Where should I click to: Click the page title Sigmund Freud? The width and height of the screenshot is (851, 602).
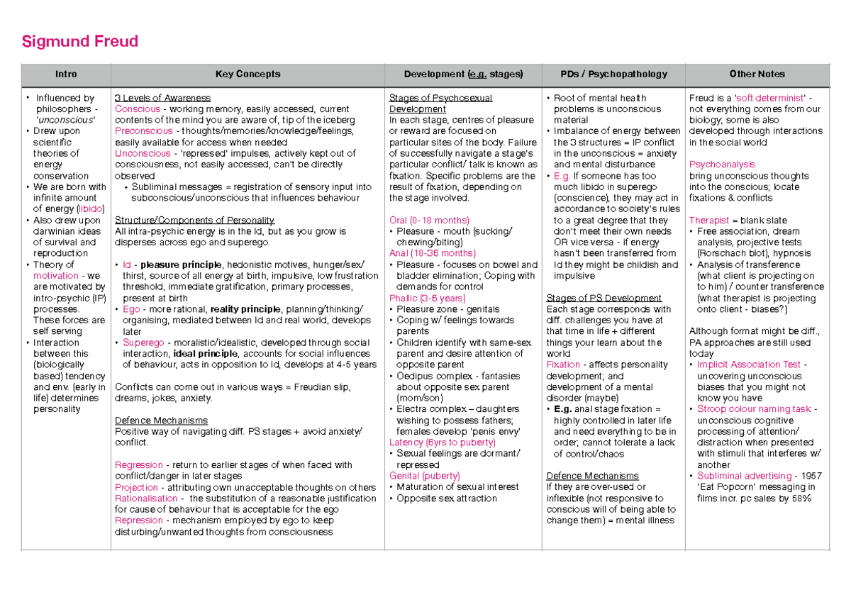point(79,42)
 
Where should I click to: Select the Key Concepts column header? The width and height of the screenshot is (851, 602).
point(247,74)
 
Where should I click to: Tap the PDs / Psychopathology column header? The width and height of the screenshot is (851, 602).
point(614,74)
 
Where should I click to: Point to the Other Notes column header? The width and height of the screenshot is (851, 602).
point(757,74)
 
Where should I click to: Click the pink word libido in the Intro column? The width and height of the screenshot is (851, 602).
point(90,209)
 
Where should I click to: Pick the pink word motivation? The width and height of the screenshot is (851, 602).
point(56,276)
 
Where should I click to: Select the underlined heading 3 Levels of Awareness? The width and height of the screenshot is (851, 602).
point(162,98)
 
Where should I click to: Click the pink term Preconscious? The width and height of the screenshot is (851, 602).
point(143,131)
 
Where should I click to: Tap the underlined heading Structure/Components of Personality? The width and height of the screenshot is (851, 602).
point(194,220)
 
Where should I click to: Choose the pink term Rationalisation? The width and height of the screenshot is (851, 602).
point(146,498)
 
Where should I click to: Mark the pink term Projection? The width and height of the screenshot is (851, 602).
point(136,487)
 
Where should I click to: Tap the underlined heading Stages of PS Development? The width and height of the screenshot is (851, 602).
point(604,298)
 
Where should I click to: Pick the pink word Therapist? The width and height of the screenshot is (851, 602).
point(708,221)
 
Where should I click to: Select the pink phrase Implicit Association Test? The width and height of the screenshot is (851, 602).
point(749,364)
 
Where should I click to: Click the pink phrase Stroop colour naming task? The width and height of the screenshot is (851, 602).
point(754,409)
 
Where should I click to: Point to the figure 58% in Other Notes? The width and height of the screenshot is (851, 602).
point(801,498)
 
